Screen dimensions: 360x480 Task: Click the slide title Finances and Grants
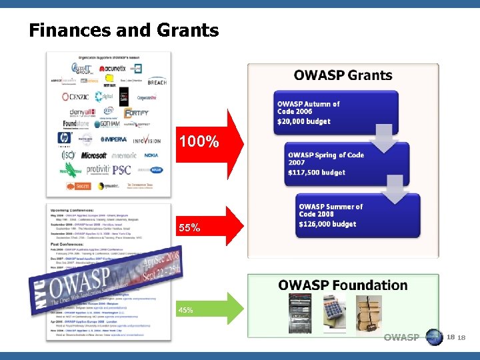pyautogui.click(x=123, y=31)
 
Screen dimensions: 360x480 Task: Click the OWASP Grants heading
pyautogui.click(x=343, y=75)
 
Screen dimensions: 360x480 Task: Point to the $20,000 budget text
pyautogui.click(x=304, y=121)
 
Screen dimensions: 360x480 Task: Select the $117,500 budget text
pyautogui.click(x=317, y=173)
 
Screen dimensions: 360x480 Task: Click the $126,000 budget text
pyautogui.click(x=327, y=224)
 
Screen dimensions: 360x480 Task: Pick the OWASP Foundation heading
pyautogui.click(x=343, y=285)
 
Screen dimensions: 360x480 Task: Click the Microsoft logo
pyautogui.click(x=94, y=155)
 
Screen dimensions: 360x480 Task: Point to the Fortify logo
pyautogui.click(x=137, y=113)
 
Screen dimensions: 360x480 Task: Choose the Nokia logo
pyautogui.click(x=151, y=155)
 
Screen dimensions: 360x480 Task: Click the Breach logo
pyautogui.click(x=157, y=82)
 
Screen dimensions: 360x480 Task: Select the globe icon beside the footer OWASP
pyautogui.click(x=434, y=337)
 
